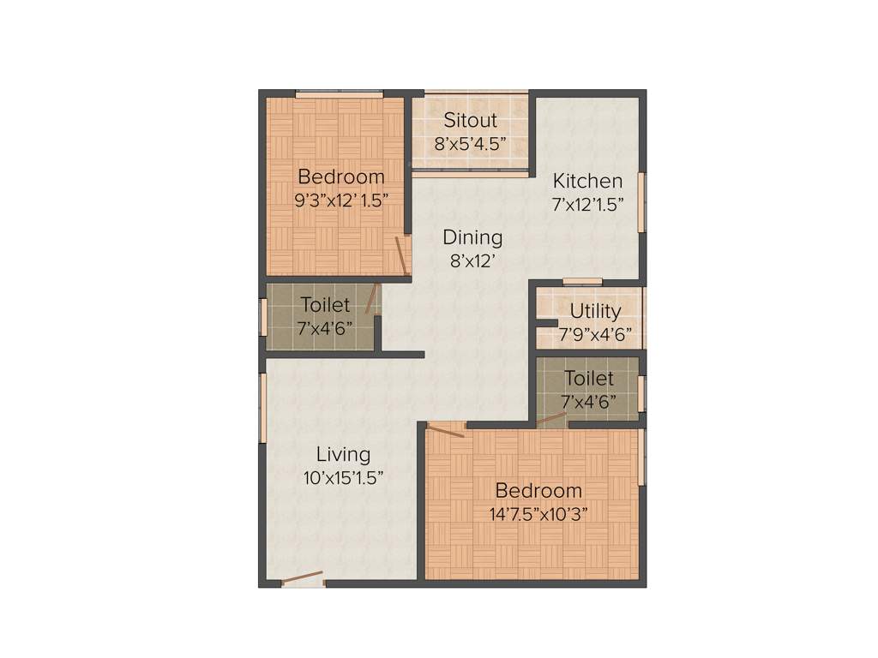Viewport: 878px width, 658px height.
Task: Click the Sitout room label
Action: point(470,121)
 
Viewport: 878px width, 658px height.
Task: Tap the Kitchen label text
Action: point(587,181)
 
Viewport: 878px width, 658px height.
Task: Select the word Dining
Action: point(472,237)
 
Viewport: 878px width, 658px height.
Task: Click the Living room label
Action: point(343,455)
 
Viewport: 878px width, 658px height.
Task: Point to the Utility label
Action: point(595,311)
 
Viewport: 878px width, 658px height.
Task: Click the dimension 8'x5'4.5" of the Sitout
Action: point(470,144)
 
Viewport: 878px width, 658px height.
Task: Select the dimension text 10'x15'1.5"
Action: point(343,478)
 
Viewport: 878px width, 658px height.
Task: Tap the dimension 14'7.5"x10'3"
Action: point(538,514)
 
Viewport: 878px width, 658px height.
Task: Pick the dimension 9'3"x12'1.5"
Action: point(341,200)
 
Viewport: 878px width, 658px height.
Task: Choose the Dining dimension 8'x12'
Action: point(472,261)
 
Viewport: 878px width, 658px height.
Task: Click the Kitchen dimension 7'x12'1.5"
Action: point(587,204)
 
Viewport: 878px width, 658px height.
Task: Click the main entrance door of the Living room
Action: point(303,578)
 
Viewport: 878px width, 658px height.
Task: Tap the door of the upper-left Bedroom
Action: point(400,254)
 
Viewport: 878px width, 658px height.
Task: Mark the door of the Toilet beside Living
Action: point(372,298)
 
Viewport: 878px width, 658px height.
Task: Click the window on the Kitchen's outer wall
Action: point(640,201)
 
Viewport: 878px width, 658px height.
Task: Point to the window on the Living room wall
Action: point(263,407)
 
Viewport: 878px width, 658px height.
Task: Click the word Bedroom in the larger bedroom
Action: point(538,491)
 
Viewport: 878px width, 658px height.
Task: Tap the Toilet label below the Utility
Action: point(589,378)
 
